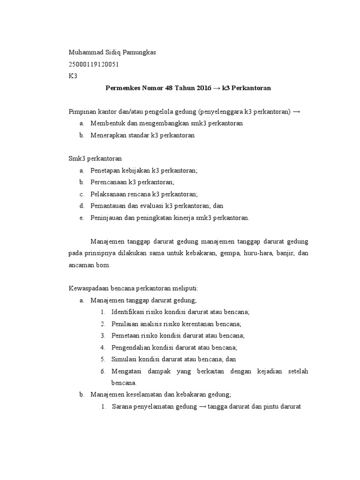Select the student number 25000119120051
[94, 65]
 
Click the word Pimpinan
[81, 112]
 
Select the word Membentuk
[107, 123]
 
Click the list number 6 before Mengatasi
[103, 371]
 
